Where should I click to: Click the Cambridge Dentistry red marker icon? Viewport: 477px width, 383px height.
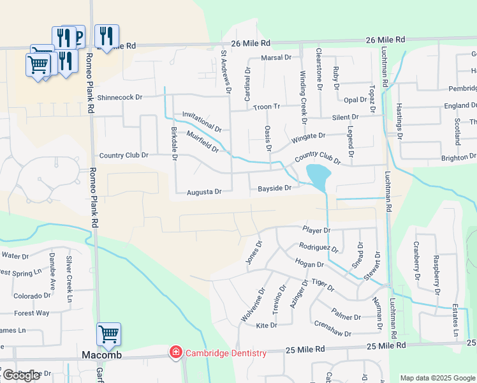point(175,352)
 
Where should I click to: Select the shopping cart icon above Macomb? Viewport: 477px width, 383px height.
point(108,334)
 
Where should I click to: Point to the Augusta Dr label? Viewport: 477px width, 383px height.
point(204,191)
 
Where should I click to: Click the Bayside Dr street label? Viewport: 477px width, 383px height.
point(274,188)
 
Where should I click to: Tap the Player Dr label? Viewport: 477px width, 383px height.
point(316,230)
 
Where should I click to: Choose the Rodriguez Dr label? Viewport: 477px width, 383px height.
point(318,247)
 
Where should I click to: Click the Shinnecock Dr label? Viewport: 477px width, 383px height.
point(120,98)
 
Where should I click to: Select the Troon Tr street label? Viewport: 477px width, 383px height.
point(268,107)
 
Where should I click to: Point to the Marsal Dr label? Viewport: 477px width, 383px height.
point(276,57)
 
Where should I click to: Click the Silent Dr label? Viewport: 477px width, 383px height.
point(345,117)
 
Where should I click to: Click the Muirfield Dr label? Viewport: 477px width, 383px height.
point(203,142)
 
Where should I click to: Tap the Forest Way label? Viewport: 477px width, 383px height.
point(32,313)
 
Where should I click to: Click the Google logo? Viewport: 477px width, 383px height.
point(20,375)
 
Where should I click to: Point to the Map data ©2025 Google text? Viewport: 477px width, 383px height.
point(437,378)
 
